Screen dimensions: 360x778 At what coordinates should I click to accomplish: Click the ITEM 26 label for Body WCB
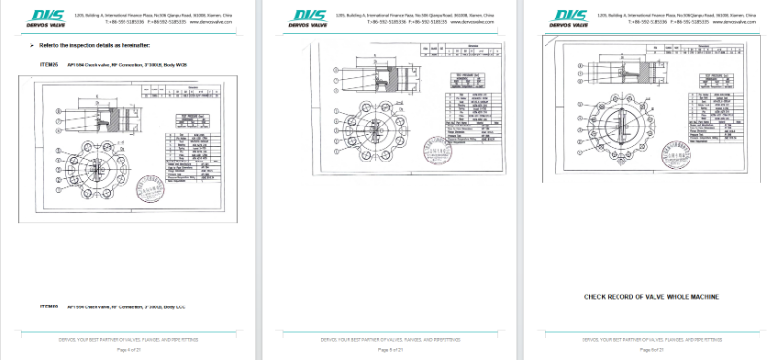[x=49, y=64]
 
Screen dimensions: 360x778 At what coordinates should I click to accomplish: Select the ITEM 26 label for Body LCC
[x=49, y=306]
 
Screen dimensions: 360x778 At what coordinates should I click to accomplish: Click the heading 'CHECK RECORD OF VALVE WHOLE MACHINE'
[x=651, y=297]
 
